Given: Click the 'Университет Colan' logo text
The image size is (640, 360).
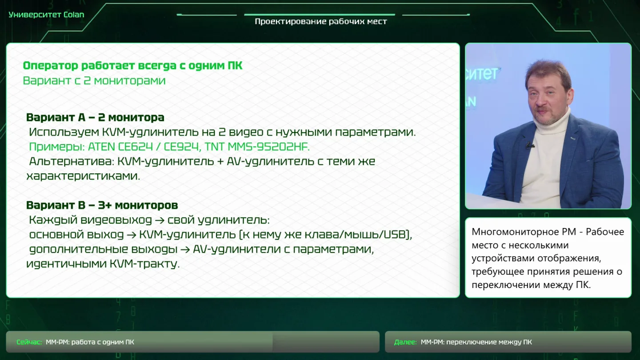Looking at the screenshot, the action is click(x=46, y=15).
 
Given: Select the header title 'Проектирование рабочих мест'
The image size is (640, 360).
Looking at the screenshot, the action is click(x=321, y=22).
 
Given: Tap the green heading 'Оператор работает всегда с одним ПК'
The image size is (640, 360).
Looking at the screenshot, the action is click(x=132, y=66).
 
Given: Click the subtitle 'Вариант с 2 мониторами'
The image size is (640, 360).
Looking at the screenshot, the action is click(x=94, y=80).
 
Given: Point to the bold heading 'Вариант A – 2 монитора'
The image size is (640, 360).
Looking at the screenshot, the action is click(x=95, y=117).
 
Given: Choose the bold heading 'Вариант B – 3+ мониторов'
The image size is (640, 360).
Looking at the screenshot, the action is click(x=102, y=205).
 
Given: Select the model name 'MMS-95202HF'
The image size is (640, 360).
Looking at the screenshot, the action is click(x=268, y=147).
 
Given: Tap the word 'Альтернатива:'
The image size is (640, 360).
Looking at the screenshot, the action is click(x=72, y=161).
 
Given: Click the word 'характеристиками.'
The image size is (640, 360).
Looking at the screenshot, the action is click(x=83, y=176).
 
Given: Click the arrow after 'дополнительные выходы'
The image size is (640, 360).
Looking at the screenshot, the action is click(x=185, y=249).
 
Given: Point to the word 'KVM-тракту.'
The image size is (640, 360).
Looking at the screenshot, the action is click(x=144, y=264).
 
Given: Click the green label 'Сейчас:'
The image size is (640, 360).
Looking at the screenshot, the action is click(x=29, y=342).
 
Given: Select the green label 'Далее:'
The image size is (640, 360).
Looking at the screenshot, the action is click(x=405, y=342).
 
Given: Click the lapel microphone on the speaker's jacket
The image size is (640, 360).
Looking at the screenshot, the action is click(x=529, y=146).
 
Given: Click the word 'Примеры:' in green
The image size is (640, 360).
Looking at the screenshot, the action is click(x=57, y=147).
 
